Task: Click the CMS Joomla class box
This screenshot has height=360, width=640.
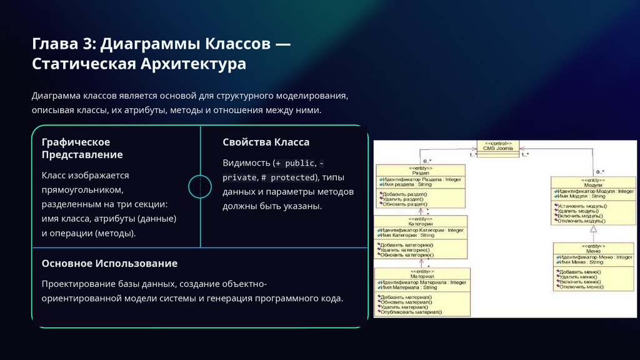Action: [x=497, y=146]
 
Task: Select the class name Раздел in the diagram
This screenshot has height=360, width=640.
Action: [x=420, y=173]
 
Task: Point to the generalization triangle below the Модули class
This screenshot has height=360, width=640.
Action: [x=594, y=229]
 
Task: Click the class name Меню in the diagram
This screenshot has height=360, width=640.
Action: [x=594, y=251]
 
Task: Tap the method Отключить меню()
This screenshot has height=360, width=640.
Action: [x=581, y=287]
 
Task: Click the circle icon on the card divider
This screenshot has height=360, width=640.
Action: [x=200, y=186]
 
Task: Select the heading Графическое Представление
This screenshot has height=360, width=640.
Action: [x=82, y=148]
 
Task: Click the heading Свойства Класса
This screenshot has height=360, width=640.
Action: [x=266, y=142]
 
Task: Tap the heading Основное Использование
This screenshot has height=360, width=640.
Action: [x=109, y=263]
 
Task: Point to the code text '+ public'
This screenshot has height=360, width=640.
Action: [x=295, y=163]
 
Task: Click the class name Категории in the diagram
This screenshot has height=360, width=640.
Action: [x=421, y=224]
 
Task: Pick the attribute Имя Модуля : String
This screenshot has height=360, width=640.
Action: [x=582, y=196]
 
